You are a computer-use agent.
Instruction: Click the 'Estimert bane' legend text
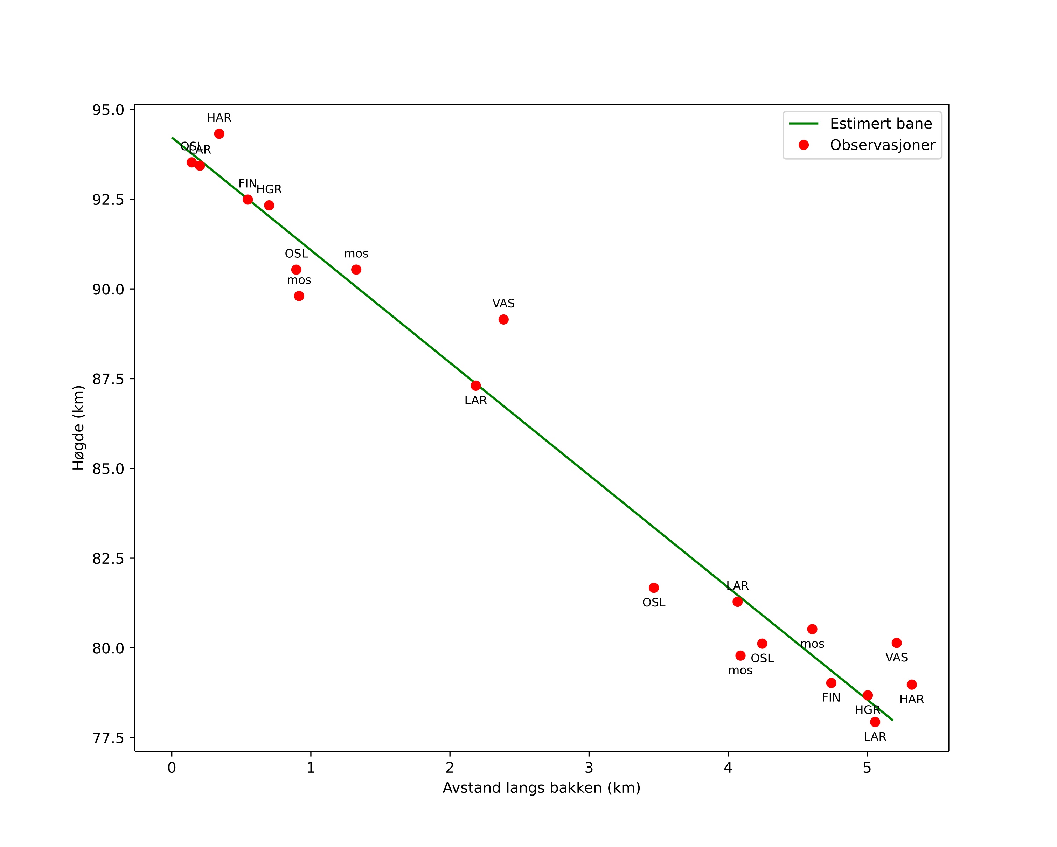(x=881, y=124)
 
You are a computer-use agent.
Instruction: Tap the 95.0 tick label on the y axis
(x=108, y=110)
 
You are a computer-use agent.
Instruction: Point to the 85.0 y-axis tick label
(x=108, y=468)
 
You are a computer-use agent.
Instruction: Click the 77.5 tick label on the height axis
(x=108, y=738)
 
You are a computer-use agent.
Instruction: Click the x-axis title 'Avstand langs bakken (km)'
(x=541, y=788)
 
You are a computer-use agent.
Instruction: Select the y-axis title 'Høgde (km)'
(x=78, y=428)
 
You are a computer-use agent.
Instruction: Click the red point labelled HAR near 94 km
(x=219, y=134)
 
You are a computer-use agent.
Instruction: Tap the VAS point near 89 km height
(x=503, y=320)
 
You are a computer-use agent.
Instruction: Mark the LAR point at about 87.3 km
(x=475, y=386)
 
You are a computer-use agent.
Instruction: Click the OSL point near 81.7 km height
(x=654, y=588)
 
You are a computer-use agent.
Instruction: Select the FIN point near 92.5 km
(x=248, y=200)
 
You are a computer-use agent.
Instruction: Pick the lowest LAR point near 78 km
(x=875, y=722)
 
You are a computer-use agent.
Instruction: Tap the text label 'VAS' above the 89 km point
(x=503, y=304)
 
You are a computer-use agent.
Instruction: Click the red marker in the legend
(x=804, y=145)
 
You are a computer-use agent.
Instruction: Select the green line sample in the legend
(x=804, y=124)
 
